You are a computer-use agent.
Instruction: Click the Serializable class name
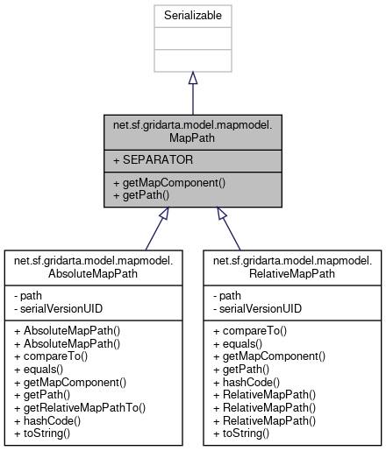point(192,16)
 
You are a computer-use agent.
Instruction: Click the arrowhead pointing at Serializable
point(192,79)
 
